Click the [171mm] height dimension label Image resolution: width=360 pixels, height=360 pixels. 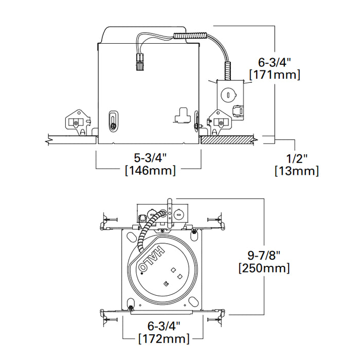point(274,75)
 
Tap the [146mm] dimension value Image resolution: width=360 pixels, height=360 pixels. point(150,170)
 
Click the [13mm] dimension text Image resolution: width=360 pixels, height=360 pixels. point(296,170)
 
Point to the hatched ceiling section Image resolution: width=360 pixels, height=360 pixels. point(226,139)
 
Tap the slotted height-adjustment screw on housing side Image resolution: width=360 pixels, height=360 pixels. point(113,122)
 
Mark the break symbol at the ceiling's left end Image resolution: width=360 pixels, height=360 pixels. point(48,139)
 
